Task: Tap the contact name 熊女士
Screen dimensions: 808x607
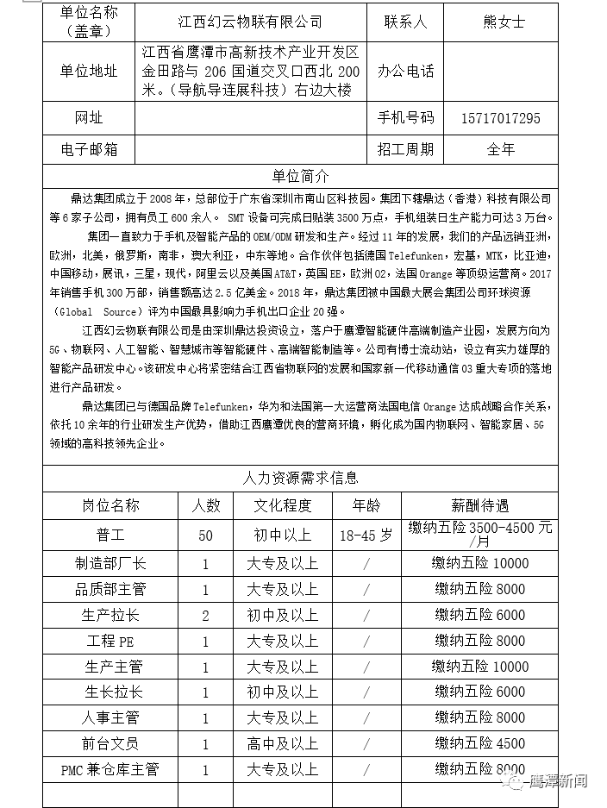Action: (501, 22)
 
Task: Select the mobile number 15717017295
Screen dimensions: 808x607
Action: (501, 118)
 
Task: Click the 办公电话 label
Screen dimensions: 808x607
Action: (405, 72)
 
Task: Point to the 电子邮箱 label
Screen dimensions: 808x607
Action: (89, 149)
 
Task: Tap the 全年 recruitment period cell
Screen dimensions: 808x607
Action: (501, 149)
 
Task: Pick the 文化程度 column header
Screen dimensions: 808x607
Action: (282, 505)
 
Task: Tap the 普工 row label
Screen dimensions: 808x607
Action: (110, 535)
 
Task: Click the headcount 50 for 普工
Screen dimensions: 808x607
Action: (205, 536)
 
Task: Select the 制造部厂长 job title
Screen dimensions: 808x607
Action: (110, 564)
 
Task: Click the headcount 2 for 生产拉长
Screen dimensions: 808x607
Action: (205, 616)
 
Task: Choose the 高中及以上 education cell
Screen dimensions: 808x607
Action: (282, 743)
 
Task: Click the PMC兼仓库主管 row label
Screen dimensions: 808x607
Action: (110, 769)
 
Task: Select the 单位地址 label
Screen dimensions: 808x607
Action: (89, 72)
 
